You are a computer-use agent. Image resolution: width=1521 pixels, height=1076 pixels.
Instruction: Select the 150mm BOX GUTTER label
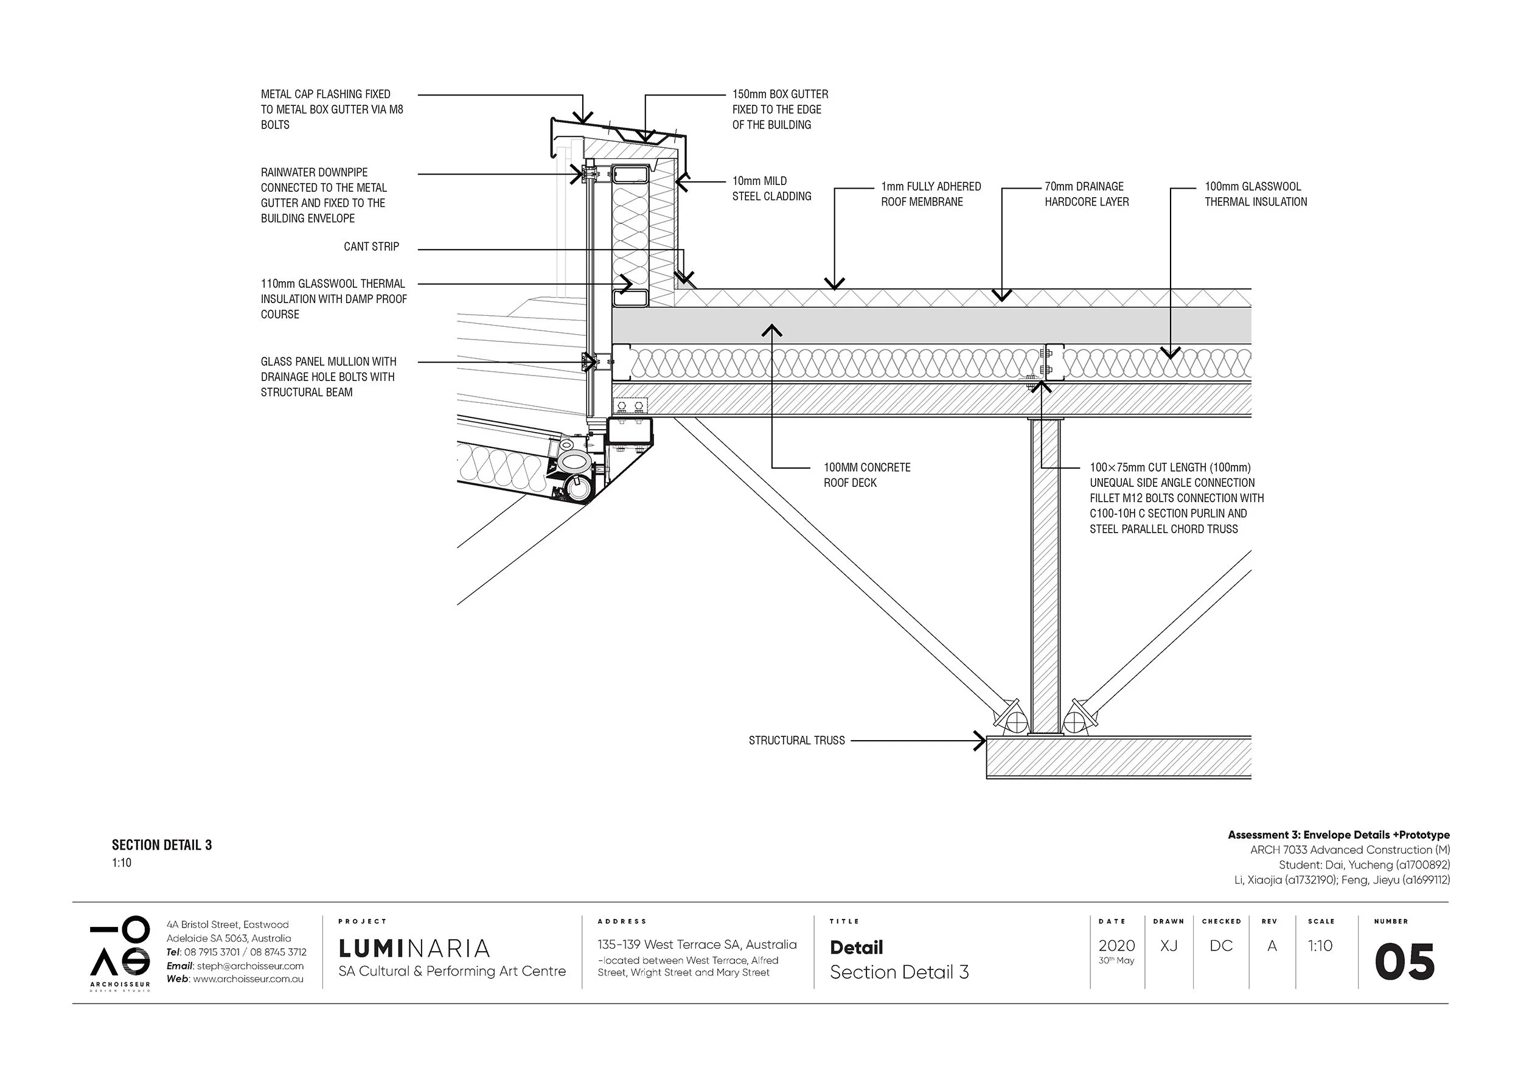780,110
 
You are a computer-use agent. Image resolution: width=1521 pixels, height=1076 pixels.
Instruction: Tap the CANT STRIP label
371,246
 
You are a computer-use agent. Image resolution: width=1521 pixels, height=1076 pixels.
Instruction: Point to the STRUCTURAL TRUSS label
796,740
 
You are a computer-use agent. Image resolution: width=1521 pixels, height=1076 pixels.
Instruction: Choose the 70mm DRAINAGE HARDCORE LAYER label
1087,194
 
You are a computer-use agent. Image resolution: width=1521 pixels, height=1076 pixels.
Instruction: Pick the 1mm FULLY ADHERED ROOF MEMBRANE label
930,194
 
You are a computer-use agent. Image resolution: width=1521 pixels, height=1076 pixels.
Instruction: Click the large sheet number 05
1404,963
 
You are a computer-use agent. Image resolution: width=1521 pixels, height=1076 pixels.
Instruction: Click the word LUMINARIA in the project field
414,948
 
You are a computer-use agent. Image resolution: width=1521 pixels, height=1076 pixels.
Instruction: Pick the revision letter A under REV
1272,946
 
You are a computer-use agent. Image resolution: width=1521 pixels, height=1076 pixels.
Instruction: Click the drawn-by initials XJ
1169,946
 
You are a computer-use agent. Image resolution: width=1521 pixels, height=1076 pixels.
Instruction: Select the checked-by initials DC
1220,946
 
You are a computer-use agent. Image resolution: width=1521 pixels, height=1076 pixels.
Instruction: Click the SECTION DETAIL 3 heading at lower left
162,845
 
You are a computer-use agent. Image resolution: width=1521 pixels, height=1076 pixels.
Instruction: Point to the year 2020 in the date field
1116,946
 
